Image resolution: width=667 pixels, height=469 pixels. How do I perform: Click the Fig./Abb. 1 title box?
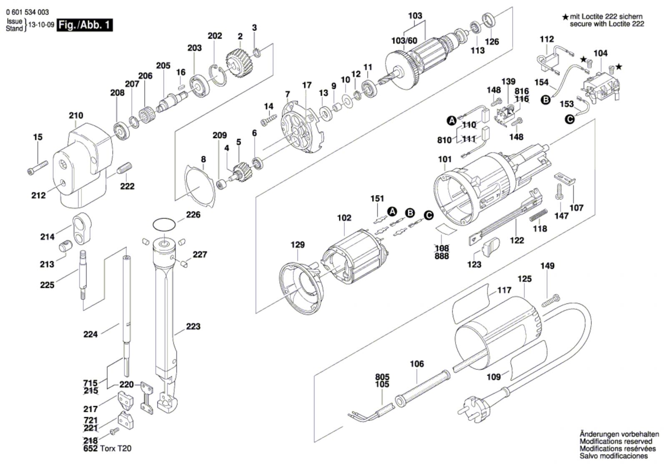coord(85,25)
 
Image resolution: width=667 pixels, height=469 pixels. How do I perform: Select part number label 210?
coord(76,115)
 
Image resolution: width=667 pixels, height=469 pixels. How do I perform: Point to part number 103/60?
coord(404,40)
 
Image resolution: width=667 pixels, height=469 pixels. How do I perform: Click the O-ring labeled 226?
coord(163,224)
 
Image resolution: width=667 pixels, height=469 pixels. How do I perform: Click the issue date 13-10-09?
coord(41,25)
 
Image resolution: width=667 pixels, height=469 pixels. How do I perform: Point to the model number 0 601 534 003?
coord(28,13)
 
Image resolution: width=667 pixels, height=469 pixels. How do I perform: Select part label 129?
coord(298,245)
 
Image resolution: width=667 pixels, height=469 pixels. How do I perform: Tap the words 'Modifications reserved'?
coord(616,441)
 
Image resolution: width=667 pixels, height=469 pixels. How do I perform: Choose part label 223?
coord(193,326)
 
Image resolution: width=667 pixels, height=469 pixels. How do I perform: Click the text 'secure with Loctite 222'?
coord(607,24)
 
